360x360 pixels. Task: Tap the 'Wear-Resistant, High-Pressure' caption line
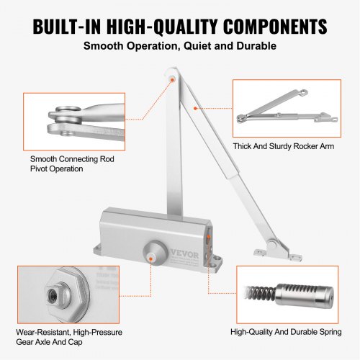pyautogui.click(x=68, y=333)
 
